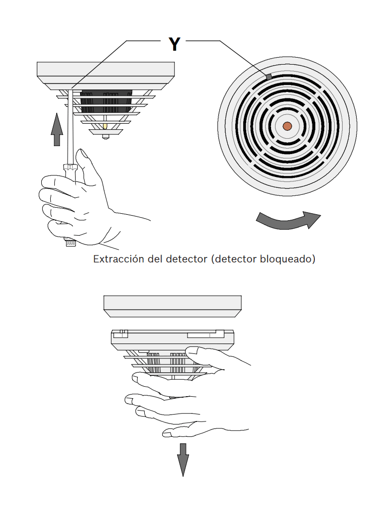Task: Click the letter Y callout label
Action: point(174,44)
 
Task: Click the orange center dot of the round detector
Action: point(287,126)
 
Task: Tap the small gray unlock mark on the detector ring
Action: point(268,77)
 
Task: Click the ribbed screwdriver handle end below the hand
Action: point(70,243)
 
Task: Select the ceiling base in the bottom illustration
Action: point(173,305)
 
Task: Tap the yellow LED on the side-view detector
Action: point(104,127)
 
